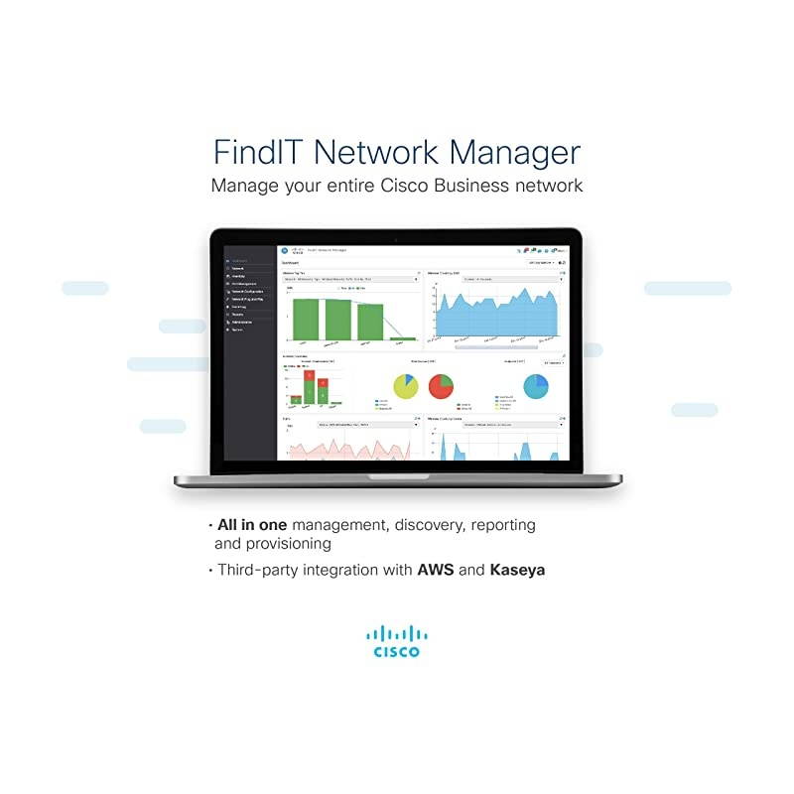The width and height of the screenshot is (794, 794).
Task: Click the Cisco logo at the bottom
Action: point(396,640)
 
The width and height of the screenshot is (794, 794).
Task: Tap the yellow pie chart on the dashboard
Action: point(406,386)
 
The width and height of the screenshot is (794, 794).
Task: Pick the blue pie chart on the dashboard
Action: point(536,385)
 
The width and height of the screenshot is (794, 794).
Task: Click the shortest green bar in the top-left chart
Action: point(402,338)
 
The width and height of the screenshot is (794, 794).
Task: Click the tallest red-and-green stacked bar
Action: point(308,387)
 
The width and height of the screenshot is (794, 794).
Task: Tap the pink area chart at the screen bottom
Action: point(347,448)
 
